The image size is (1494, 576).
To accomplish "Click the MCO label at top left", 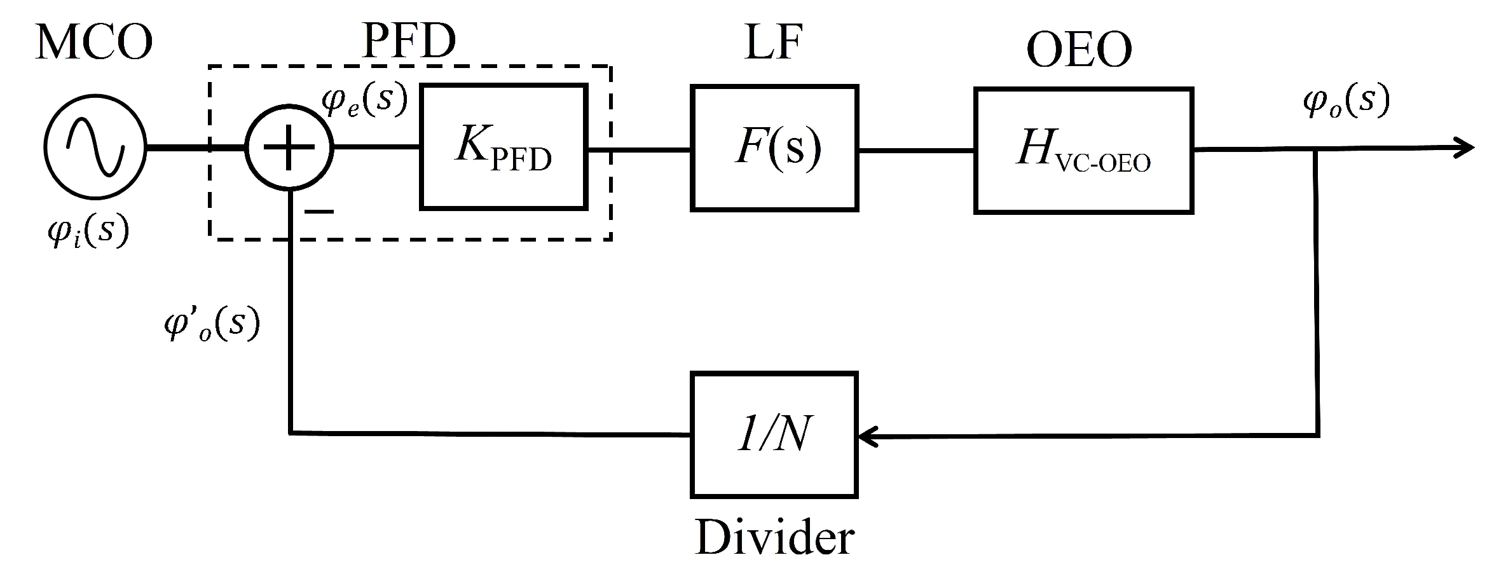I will pos(94,43).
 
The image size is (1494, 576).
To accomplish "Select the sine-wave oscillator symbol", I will pos(95,147).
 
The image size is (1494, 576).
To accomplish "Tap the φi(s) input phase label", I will pos(88,230).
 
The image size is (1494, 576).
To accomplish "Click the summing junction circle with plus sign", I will pos(289,147).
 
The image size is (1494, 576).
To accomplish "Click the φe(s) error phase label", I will pos(364,100).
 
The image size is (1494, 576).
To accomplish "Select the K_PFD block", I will pos(503,147).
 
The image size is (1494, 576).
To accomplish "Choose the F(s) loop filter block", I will pos(774,147).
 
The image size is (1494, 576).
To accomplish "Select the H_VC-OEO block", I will pos(1083,151).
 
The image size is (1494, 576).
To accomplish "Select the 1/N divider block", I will pos(774,435).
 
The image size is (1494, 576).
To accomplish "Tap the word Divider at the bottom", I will pos(774,538).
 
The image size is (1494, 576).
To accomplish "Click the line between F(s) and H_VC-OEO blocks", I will pos(916,151).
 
